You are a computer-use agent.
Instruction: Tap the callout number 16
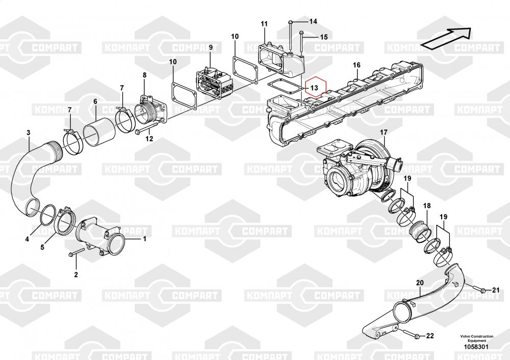(356, 65)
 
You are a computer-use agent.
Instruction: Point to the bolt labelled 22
(414, 336)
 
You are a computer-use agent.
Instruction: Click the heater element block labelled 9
(214, 82)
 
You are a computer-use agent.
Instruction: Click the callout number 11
(264, 24)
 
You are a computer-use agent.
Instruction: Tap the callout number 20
(420, 282)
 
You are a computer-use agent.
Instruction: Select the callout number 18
(426, 205)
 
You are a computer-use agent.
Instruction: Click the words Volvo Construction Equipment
(476, 339)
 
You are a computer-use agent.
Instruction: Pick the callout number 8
(144, 75)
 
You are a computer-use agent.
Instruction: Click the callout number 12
(148, 139)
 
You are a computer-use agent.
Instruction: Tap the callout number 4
(28, 239)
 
